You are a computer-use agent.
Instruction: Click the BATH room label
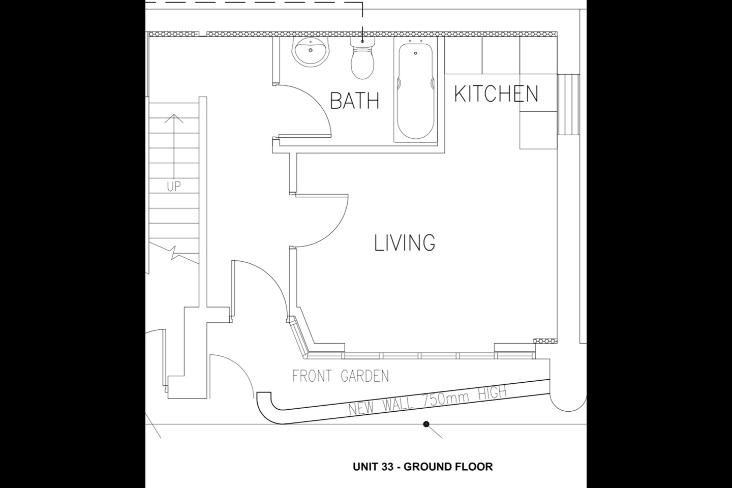click(354, 101)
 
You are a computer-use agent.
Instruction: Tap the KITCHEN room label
click(496, 94)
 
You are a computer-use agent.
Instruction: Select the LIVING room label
click(405, 243)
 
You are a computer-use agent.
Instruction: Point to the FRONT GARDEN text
click(341, 376)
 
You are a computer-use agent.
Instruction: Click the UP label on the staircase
click(174, 187)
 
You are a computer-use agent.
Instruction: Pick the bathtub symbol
click(416, 91)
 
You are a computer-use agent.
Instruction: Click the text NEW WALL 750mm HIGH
click(427, 401)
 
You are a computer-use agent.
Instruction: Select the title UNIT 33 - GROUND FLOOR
click(422, 467)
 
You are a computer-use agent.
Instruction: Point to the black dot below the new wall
click(426, 424)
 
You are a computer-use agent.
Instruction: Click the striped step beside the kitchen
click(569, 105)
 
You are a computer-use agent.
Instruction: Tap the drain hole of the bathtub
click(416, 53)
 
